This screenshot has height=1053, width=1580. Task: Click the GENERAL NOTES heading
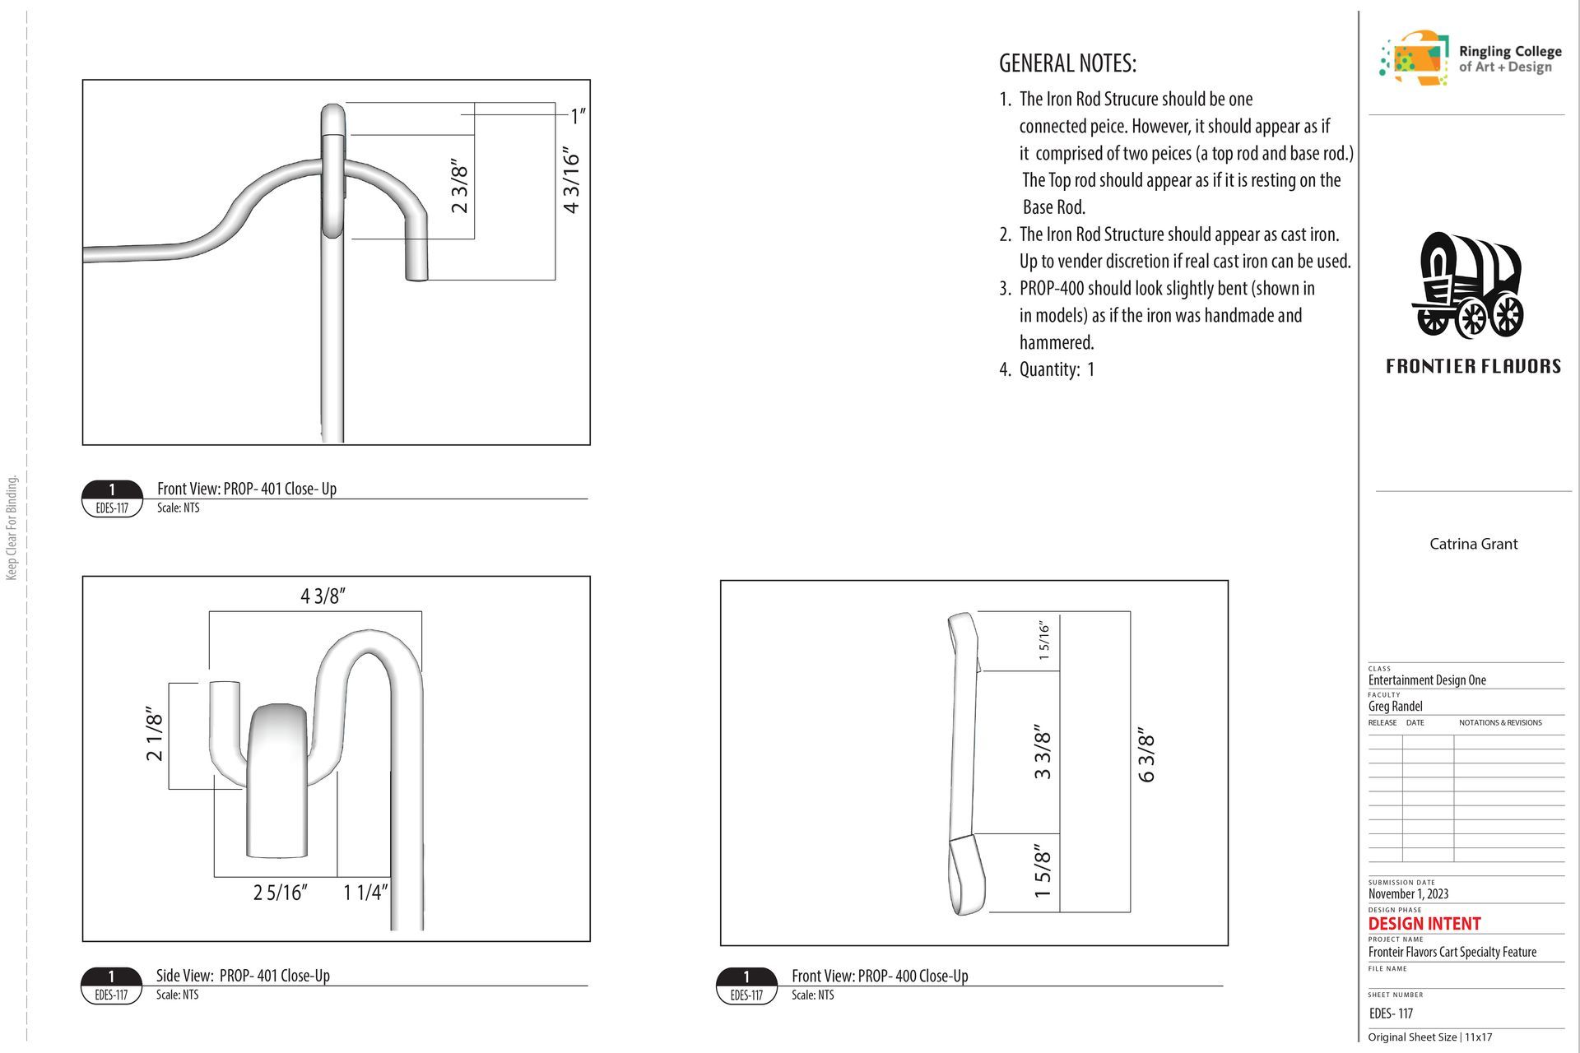click(x=1067, y=63)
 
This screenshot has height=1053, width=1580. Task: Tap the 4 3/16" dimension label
click(x=571, y=180)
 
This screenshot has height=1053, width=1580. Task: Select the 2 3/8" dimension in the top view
click(x=459, y=188)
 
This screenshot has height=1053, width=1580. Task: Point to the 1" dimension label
click(x=578, y=116)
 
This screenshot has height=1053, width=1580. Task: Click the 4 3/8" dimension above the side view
click(x=323, y=596)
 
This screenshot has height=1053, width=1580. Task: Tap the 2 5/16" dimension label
click(x=280, y=892)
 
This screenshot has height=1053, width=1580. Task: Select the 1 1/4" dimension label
click(x=365, y=892)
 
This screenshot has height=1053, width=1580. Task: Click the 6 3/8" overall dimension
click(x=1146, y=755)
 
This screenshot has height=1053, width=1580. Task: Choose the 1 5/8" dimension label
click(x=1043, y=870)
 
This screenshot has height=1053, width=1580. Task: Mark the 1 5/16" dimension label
click(x=1044, y=640)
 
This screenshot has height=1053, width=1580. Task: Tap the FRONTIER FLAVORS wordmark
click(x=1473, y=366)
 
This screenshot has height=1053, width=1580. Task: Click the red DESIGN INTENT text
click(x=1424, y=924)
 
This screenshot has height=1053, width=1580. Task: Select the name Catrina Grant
click(x=1473, y=544)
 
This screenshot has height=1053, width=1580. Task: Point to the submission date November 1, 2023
click(x=1408, y=894)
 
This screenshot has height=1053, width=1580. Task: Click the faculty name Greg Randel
click(x=1395, y=706)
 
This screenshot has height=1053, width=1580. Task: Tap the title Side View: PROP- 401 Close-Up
click(x=243, y=976)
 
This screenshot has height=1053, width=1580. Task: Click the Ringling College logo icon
click(x=1414, y=58)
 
